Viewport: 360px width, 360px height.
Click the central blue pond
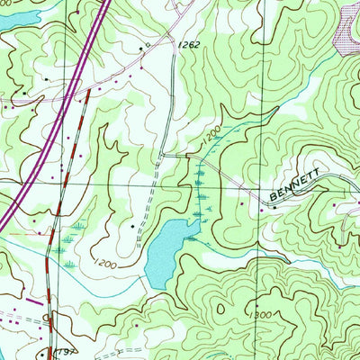pyautogui.click(x=166, y=248)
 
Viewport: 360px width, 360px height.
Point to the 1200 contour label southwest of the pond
pyautogui.click(x=104, y=264)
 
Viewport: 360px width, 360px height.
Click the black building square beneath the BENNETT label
pyautogui.click(x=275, y=209)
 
